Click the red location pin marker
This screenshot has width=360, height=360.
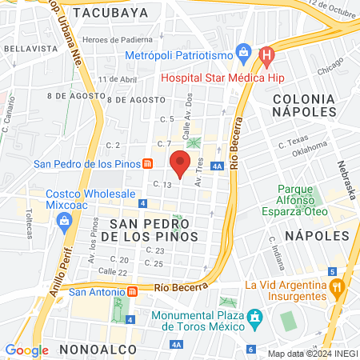point(180,164)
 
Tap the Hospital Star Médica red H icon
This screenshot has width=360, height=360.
point(267,55)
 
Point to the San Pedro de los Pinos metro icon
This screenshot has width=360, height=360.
point(148,165)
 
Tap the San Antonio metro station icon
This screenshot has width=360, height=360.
point(133,291)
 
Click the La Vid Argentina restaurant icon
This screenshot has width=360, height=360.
point(338,285)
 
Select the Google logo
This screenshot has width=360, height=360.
point(26,350)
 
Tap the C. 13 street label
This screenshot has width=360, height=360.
point(163,185)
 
